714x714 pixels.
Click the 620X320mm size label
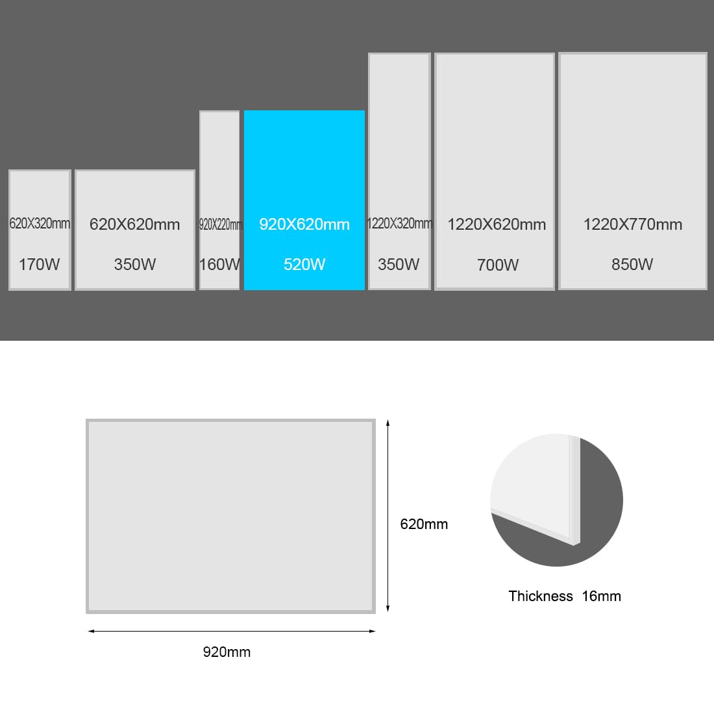[40, 223]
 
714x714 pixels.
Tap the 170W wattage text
[39, 264]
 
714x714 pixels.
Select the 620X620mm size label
[135, 224]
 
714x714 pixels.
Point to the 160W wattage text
[219, 264]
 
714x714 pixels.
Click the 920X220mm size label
[221, 224]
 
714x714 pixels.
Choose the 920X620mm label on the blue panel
[304, 224]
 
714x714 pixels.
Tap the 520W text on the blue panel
[304, 264]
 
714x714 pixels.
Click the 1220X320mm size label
[399, 223]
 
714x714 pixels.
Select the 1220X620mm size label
[497, 224]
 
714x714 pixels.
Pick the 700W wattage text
[498, 265]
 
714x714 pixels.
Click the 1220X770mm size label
[632, 224]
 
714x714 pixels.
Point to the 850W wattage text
[632, 264]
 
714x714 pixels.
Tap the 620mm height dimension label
[424, 524]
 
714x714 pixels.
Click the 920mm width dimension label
[227, 652]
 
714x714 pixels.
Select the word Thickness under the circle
[541, 596]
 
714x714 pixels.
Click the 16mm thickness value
[601, 596]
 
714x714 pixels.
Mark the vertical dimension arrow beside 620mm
[388, 516]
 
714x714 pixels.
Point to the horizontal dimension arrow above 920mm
[231, 631]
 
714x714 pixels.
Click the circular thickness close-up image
[556, 500]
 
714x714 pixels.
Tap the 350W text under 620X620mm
[135, 264]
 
